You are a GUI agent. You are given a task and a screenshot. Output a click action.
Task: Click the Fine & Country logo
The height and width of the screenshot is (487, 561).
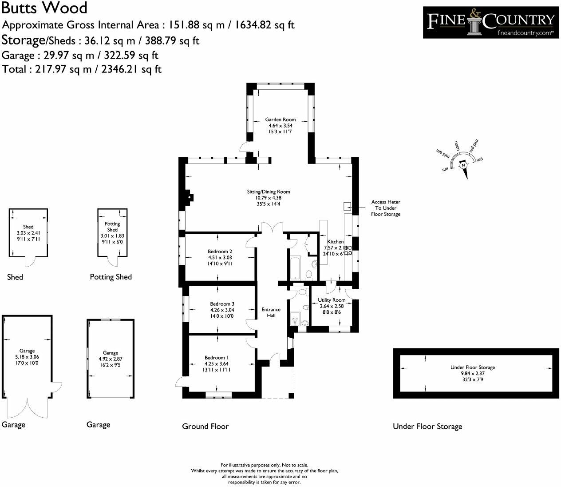[x=490, y=22]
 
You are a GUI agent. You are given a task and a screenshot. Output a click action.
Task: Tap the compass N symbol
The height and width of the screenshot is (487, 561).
[x=463, y=165]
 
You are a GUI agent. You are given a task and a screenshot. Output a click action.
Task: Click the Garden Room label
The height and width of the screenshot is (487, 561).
[x=280, y=120]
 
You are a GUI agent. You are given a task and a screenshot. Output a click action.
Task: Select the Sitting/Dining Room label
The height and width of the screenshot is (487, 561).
[x=269, y=192]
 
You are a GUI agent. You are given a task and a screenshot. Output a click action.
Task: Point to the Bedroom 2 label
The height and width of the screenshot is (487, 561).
[x=220, y=251]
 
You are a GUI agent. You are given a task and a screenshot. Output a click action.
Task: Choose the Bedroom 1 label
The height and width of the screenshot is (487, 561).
[x=217, y=358]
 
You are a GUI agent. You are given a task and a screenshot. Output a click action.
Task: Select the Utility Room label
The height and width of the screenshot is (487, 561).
[x=332, y=300]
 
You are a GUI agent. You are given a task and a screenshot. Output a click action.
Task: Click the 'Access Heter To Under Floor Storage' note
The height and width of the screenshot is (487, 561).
[x=386, y=208]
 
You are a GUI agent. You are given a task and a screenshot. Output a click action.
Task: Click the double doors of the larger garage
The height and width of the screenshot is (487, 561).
[x=28, y=407]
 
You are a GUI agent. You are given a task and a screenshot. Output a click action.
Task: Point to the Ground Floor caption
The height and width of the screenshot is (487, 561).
[x=205, y=427]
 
